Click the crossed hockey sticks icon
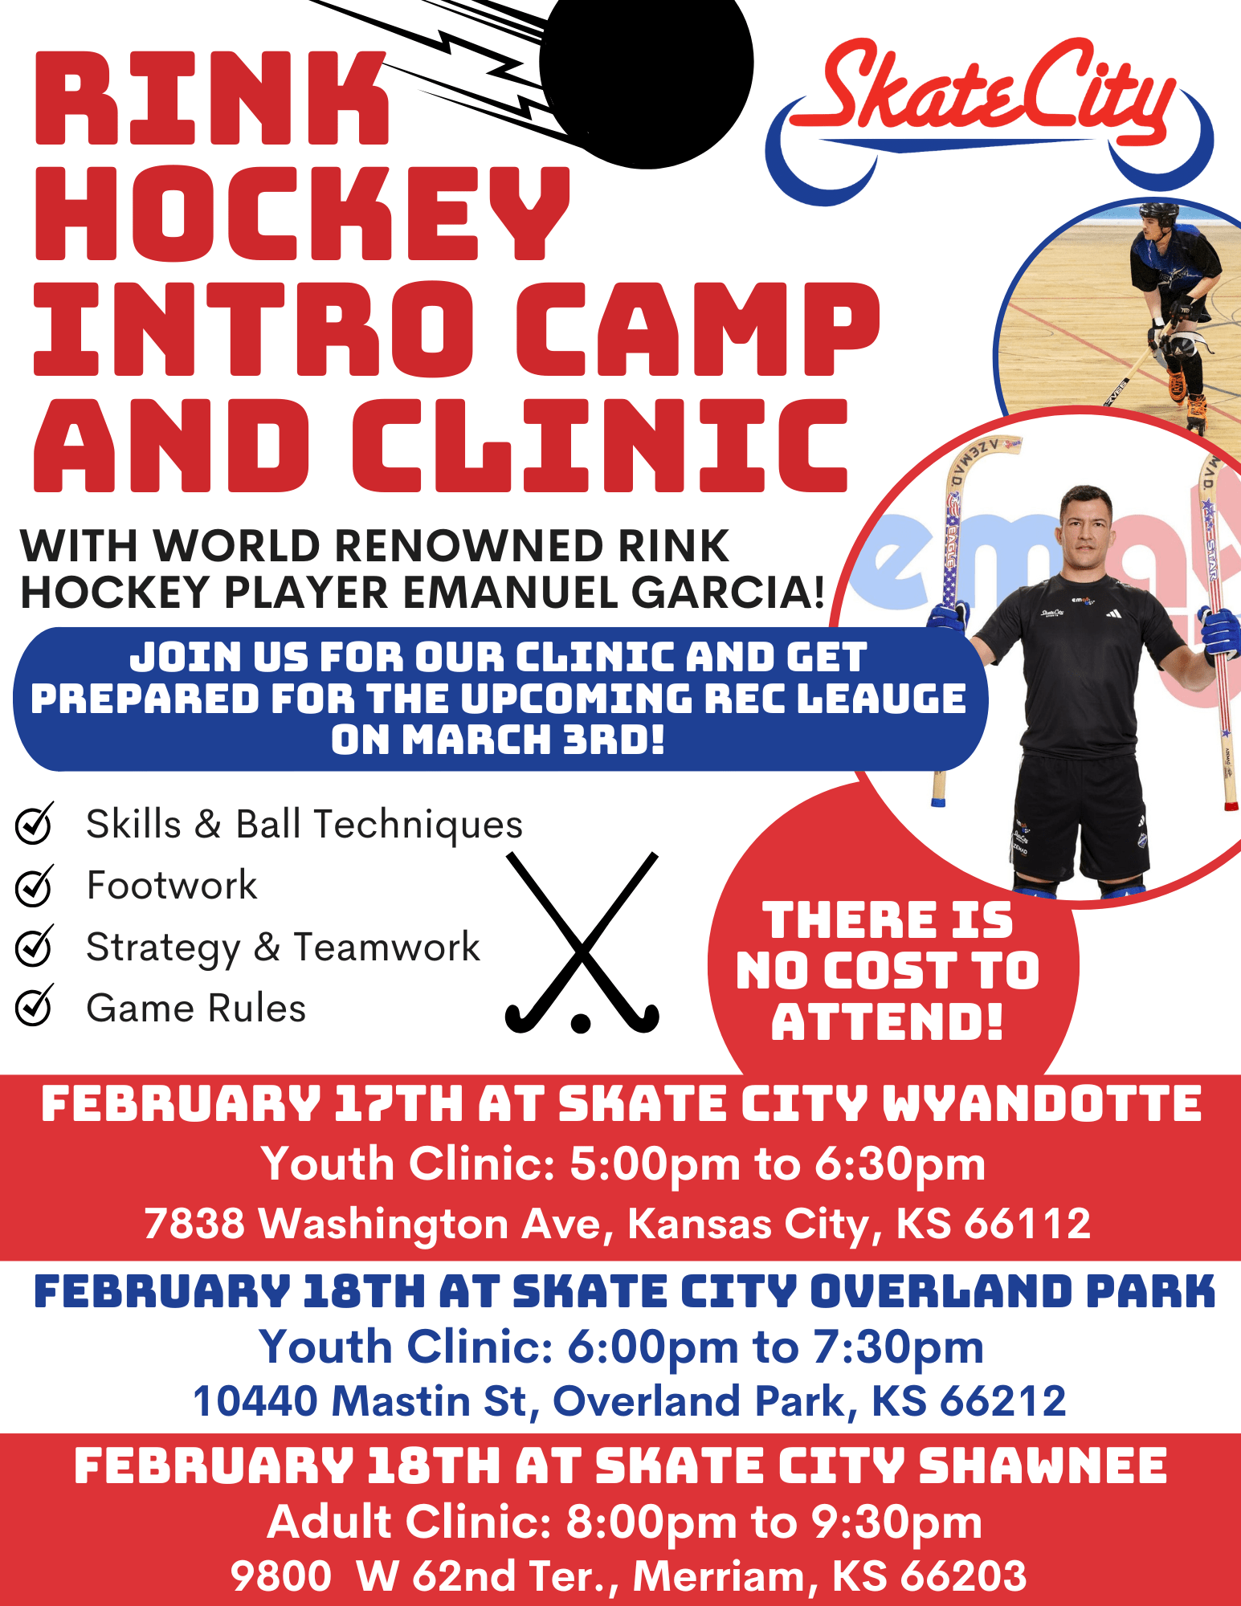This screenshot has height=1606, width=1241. (582, 943)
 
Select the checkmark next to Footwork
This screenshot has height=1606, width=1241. (35, 886)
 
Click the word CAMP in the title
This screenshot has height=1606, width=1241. (697, 328)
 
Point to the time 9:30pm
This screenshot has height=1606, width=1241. (896, 1522)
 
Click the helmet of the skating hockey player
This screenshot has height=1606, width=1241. (1159, 215)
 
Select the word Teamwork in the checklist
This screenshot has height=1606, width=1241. (387, 947)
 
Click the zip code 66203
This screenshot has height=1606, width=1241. (963, 1575)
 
